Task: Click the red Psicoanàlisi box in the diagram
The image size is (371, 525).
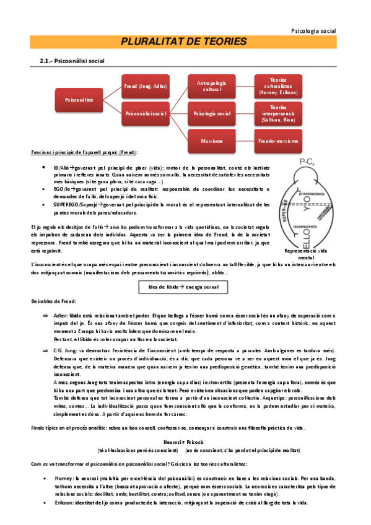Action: tap(79, 98)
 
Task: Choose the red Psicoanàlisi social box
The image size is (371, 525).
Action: tap(146, 114)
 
